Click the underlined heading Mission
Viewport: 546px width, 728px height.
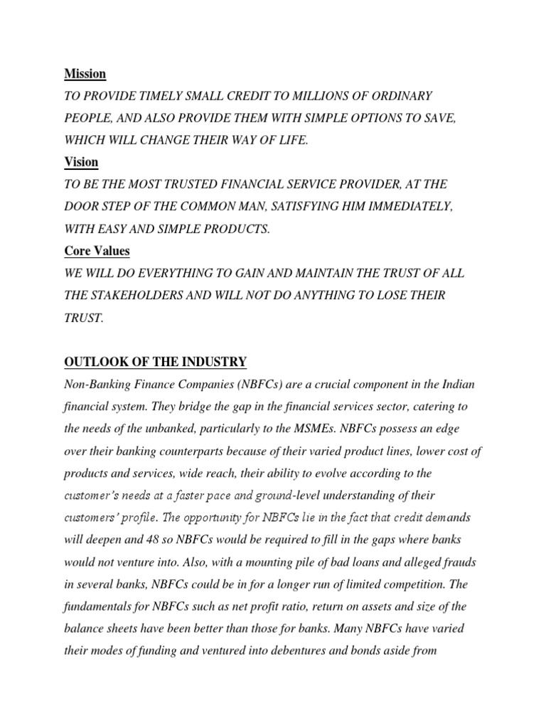(85, 73)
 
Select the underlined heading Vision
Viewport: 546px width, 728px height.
(82, 161)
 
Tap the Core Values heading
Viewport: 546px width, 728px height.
(97, 251)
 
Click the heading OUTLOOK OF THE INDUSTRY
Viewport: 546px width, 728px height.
(155, 363)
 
